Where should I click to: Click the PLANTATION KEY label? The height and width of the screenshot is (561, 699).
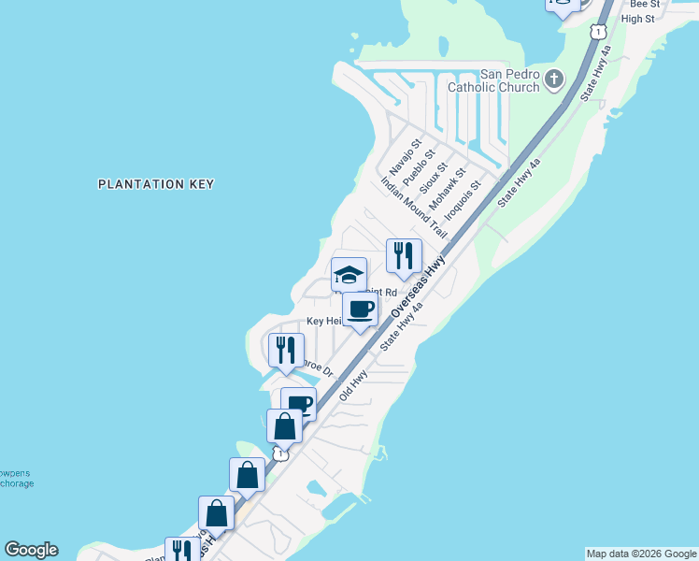click(x=156, y=184)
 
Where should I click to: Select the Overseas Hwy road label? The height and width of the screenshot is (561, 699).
click(x=417, y=290)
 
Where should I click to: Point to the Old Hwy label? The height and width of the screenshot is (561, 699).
click(x=353, y=385)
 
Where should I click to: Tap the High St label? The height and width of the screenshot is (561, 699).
click(x=637, y=19)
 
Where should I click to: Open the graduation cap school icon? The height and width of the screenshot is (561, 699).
click(x=349, y=275)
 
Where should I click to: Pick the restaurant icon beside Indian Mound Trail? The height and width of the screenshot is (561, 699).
click(x=404, y=255)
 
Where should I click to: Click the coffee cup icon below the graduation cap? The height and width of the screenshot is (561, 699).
click(x=360, y=309)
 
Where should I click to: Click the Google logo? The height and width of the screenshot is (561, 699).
click(x=31, y=550)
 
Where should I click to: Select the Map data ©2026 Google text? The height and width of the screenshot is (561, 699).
click(x=642, y=554)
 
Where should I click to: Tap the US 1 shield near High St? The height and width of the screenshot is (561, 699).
click(x=596, y=31)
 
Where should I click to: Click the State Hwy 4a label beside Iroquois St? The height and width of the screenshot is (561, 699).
click(x=520, y=184)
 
